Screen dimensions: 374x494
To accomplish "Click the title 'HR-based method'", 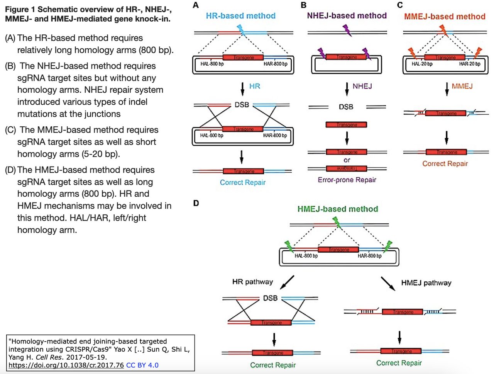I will pyautogui.click(x=240, y=16).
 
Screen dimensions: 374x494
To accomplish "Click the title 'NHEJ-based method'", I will pyautogui.click(x=347, y=15).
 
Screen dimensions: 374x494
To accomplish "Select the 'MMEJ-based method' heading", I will pyautogui.click(x=445, y=17).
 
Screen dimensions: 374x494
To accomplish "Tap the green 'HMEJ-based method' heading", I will pyautogui.click(x=338, y=209).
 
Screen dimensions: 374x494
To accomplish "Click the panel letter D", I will pyautogui.click(x=196, y=203).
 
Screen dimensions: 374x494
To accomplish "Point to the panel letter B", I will pyautogui.click(x=304, y=5).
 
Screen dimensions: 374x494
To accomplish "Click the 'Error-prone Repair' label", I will pyautogui.click(x=347, y=180).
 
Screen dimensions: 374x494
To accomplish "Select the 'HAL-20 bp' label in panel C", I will pyautogui.click(x=422, y=64).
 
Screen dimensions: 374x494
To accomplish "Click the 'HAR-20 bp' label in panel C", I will pyautogui.click(x=470, y=64).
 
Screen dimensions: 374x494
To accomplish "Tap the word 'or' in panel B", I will pyautogui.click(x=347, y=160).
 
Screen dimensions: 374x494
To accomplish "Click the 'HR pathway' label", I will pyautogui.click(x=252, y=282).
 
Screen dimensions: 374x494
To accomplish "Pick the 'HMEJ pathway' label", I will pyautogui.click(x=426, y=283).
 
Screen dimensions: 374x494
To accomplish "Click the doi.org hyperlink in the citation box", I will pyautogui.click(x=66, y=365).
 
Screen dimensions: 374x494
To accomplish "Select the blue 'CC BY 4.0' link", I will pyautogui.click(x=142, y=365).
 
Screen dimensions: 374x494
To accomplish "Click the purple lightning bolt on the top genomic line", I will pyautogui.click(x=347, y=30).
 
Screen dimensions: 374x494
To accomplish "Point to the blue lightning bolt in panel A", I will pyautogui.click(x=241, y=29).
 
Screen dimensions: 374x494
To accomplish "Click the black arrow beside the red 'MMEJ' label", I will pyautogui.click(x=447, y=89).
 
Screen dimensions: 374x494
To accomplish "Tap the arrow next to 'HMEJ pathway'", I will pyautogui.click(x=388, y=283).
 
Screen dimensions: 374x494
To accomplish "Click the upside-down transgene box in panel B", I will pyautogui.click(x=347, y=168).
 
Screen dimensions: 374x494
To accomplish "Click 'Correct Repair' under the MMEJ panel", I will pyautogui.click(x=445, y=163).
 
